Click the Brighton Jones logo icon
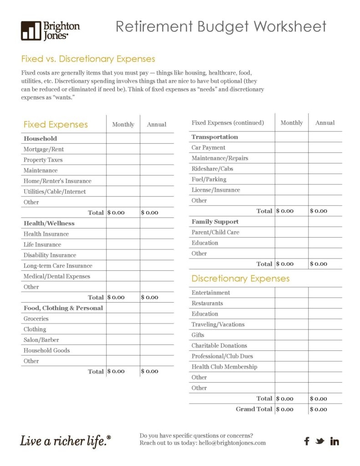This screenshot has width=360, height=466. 30,30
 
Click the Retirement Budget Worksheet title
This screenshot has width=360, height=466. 221,26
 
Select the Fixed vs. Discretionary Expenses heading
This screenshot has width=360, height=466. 88,59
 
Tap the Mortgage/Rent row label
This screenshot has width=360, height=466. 44,149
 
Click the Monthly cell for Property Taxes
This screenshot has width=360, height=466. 123,160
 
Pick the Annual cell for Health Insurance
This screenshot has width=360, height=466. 157,234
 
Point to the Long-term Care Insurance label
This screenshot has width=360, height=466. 58,266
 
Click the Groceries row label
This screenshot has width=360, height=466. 36,319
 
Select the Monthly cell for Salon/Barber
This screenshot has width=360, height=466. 123,340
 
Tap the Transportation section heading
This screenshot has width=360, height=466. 215,137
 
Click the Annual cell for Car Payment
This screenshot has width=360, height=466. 325,147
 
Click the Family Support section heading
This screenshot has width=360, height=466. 215,222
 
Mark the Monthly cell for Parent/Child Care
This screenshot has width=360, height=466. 291,232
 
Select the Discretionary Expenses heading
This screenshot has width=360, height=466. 240,279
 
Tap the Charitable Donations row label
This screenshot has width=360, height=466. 219,345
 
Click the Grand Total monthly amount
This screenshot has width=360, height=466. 285,409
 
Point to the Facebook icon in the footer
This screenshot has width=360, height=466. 307,441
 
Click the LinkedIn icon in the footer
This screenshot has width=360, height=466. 335,441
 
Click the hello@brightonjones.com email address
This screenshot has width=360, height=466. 232,443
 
